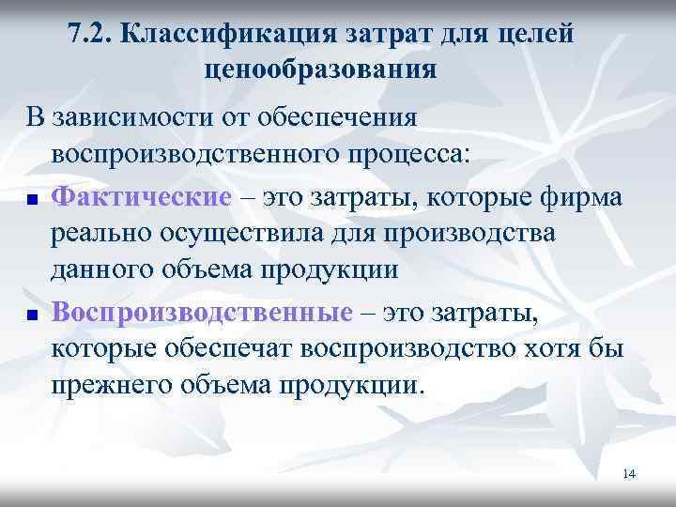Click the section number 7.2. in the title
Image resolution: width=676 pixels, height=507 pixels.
point(92,36)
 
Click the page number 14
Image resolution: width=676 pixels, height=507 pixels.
point(628,474)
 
